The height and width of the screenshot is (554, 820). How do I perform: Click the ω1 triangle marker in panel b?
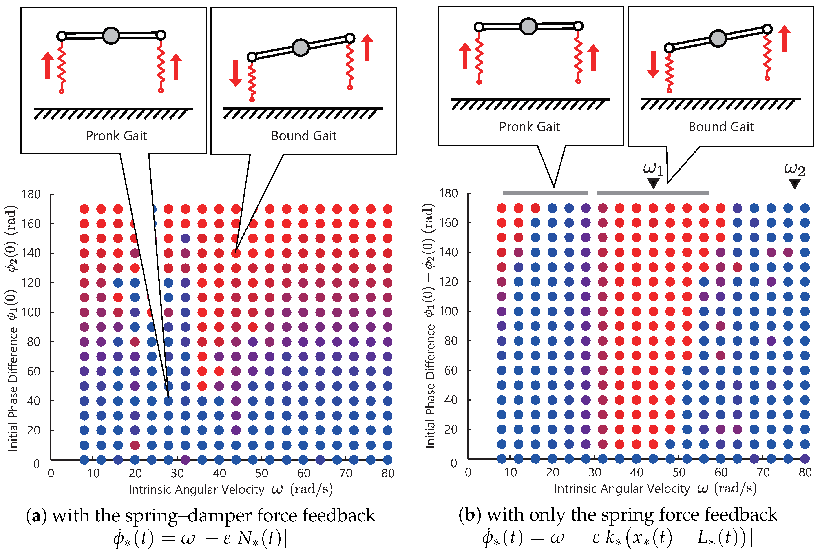point(653,183)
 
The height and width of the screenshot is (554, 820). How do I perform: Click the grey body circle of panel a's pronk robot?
point(111,36)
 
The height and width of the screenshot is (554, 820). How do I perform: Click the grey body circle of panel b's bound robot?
point(718,38)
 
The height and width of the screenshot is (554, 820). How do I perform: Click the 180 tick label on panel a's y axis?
point(31,194)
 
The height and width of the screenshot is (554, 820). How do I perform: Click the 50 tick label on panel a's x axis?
point(261,473)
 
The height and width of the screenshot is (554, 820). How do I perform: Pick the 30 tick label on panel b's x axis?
point(595,472)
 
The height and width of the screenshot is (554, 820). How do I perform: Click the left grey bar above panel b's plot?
point(545,193)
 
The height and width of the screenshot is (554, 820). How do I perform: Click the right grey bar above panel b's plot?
point(653,193)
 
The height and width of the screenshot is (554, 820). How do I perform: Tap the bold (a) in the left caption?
point(36,516)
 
